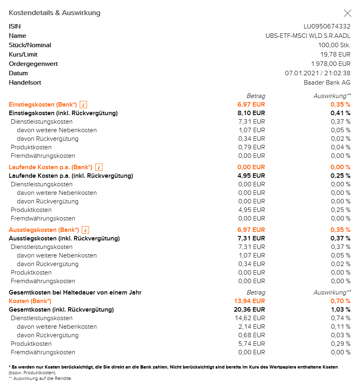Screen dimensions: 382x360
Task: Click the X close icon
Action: click(347, 13)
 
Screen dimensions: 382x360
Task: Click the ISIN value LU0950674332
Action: click(327, 26)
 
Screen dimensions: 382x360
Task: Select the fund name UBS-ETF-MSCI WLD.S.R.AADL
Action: click(308, 36)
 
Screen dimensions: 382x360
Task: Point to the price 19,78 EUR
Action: click(335, 55)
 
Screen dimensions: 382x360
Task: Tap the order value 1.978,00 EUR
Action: click(331, 64)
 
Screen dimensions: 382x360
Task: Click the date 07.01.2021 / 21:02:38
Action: click(318, 73)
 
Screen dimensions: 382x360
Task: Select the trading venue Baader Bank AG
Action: click(324, 83)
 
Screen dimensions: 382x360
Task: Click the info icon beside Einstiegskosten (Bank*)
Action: click(83, 105)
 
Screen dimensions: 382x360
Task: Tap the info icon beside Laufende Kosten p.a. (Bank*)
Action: click(99, 167)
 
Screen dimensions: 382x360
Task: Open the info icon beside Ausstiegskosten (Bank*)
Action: click(85, 230)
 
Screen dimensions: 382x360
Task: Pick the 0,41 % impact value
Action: click(340, 113)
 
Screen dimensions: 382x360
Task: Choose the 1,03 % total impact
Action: click(340, 310)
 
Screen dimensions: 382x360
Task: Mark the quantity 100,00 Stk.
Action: click(334, 45)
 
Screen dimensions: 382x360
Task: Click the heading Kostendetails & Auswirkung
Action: click(55, 13)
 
